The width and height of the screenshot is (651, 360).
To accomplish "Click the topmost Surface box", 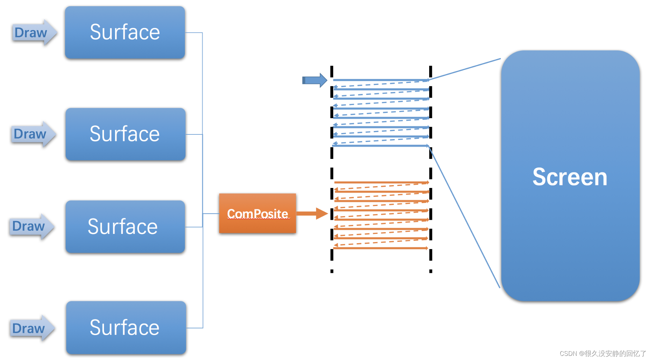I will [125, 32].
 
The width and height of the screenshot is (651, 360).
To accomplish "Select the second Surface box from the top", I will [125, 134].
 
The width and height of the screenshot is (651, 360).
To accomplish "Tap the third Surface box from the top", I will [125, 227].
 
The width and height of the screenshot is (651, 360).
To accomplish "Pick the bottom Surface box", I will [126, 328].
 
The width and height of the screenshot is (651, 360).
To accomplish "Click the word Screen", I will [569, 177].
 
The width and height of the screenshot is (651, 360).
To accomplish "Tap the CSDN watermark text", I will [603, 353].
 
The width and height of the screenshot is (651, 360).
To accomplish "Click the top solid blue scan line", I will [380, 80].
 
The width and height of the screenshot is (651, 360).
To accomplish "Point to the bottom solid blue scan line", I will [380, 146].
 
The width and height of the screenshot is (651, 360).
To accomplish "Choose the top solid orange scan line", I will [380, 182].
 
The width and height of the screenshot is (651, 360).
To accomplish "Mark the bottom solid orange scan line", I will [380, 248].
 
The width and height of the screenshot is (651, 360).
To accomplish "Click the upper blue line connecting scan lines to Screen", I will [465, 69].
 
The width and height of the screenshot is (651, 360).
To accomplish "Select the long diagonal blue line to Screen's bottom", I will [465, 218].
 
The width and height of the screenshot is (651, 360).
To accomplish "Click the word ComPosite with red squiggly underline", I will [257, 214].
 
